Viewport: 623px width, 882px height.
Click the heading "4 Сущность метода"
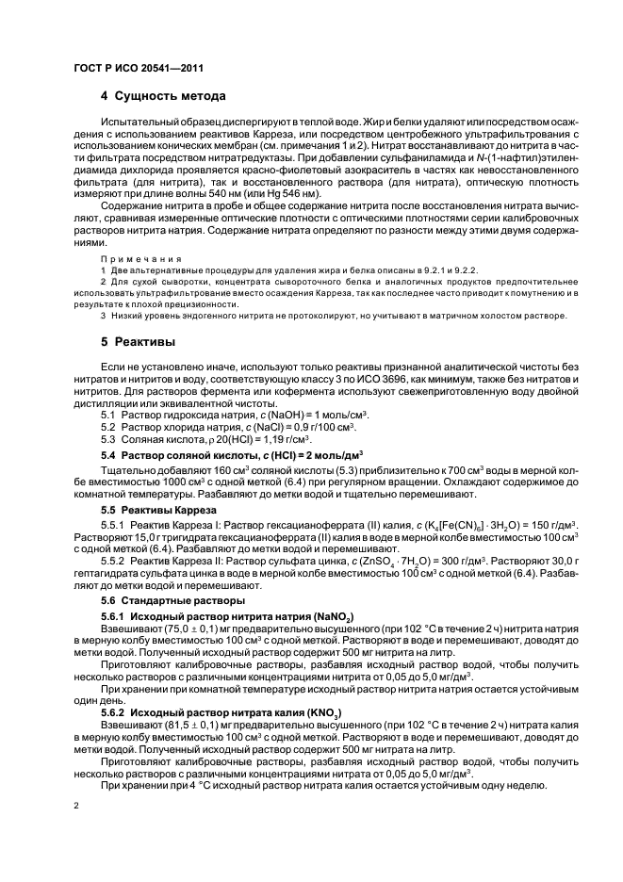(162, 96)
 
